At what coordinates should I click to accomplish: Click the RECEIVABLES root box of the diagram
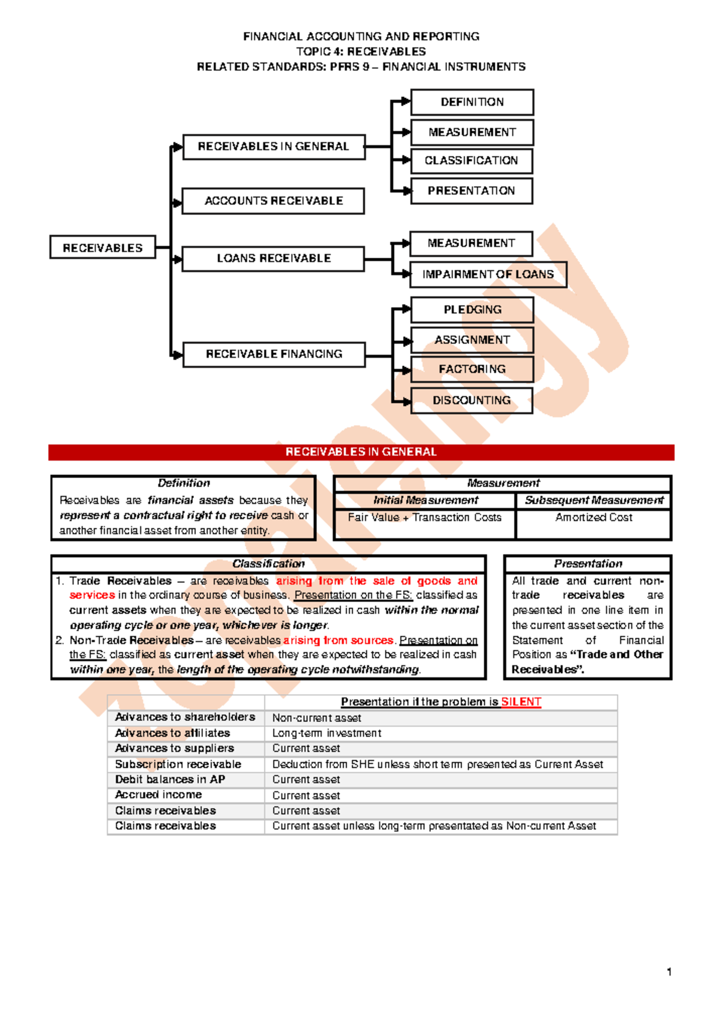102,247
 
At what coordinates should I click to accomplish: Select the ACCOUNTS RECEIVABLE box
274,201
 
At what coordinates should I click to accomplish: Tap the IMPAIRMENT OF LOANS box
487,275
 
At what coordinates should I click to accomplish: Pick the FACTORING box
472,369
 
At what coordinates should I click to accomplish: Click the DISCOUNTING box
471,400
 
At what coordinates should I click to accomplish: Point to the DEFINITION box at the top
472,102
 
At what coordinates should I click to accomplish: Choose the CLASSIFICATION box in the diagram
471,161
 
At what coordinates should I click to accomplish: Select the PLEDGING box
472,309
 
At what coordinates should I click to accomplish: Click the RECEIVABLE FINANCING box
274,354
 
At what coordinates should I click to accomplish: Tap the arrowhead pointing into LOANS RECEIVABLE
177,260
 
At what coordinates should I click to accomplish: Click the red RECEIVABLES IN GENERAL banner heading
361,452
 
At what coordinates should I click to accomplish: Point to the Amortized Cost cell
593,517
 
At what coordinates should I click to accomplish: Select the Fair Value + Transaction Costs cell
424,517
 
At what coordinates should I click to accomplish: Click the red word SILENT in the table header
521,702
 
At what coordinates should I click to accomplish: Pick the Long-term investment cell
327,733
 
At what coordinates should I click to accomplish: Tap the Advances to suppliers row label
175,748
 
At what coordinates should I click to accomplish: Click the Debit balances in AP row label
170,780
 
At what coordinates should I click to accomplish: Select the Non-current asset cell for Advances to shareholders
316,718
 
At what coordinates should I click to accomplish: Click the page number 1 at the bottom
669,971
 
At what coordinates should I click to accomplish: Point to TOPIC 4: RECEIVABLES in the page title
361,52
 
